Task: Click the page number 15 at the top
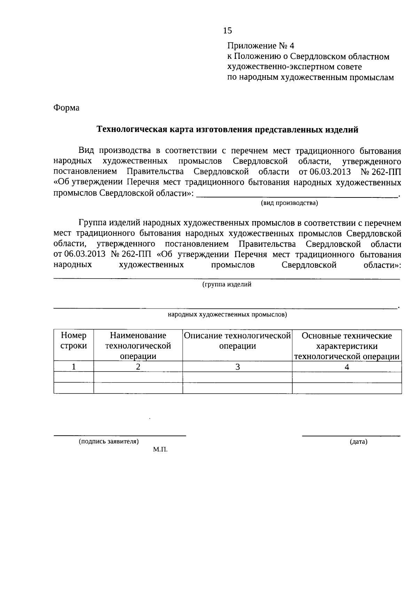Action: coord(227,31)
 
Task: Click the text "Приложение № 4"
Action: coord(261,46)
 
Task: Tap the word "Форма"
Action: coord(66,108)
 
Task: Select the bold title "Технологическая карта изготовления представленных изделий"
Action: coord(227,130)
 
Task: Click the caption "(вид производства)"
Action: coord(289,203)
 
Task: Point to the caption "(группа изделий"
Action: coord(227,285)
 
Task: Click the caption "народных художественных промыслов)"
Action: coord(227,315)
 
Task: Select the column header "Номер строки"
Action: coord(73,341)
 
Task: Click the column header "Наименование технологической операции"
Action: coord(138,345)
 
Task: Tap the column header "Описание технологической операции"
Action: coord(237,341)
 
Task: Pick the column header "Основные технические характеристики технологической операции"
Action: coord(347,345)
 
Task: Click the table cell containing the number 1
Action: coord(73,366)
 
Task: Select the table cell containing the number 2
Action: coord(138,366)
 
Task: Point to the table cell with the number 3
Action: coord(237,366)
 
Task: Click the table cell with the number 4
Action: coord(347,366)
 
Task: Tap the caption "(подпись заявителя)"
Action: coord(109,442)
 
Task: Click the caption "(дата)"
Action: coord(358,442)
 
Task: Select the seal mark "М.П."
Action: coord(160,450)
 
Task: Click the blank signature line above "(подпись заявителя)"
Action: coord(119,435)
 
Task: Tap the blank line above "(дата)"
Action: coord(351,435)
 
